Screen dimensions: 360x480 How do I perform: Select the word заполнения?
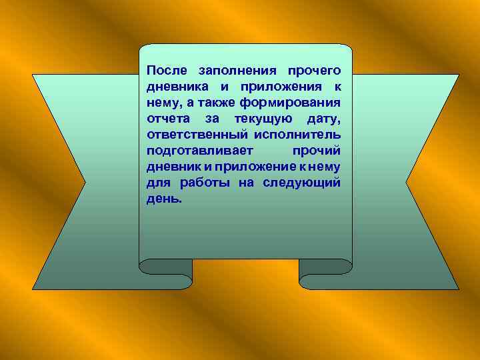pos(237,71)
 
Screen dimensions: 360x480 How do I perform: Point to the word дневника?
pos(177,87)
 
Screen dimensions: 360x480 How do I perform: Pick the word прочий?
pos(317,151)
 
